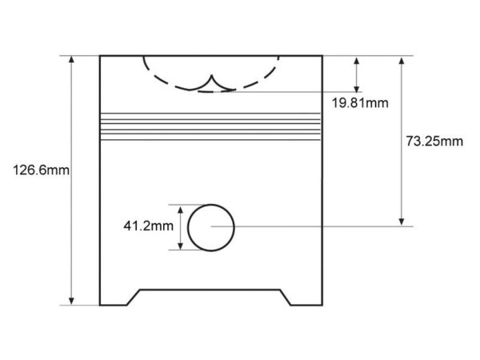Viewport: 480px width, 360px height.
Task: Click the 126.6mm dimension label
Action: (x=41, y=170)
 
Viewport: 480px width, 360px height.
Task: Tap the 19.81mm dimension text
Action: (x=360, y=103)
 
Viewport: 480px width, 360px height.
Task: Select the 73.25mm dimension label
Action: (x=434, y=142)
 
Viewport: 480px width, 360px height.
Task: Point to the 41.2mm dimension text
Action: (x=149, y=226)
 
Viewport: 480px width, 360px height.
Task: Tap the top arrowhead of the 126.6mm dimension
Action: (x=71, y=59)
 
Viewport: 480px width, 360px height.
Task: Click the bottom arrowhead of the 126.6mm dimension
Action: (x=71, y=302)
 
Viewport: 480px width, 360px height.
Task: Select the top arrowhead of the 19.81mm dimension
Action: (x=356, y=60)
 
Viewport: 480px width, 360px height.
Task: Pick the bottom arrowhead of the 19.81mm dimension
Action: (x=356, y=88)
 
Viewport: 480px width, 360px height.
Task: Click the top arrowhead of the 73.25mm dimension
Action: (x=402, y=60)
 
